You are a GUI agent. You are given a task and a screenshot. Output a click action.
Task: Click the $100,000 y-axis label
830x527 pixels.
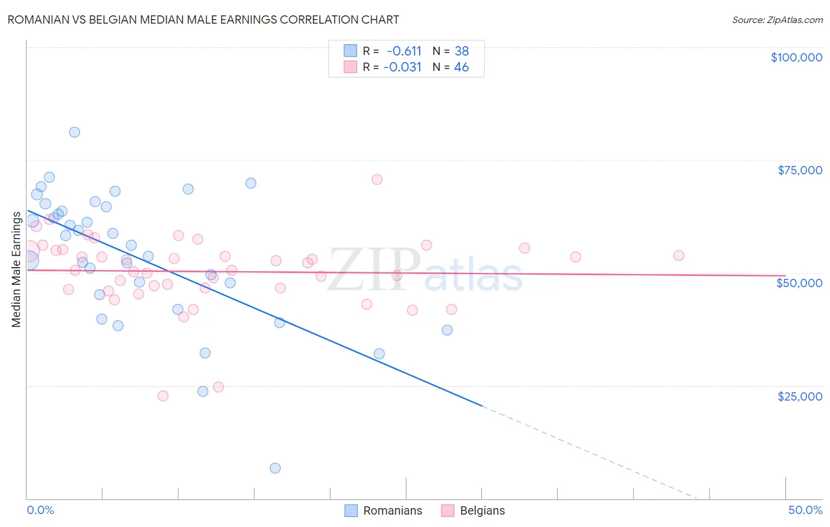click(x=796, y=57)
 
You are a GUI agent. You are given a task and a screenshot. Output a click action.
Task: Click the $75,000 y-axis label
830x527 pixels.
click(x=799, y=170)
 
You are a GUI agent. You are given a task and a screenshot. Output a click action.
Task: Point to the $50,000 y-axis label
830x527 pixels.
click(x=799, y=283)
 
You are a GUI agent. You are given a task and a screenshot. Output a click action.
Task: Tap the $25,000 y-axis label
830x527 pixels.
click(x=799, y=396)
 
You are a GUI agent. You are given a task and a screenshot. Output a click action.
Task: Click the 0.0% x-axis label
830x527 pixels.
click(x=40, y=510)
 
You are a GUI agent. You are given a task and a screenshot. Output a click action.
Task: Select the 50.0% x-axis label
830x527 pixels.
click(x=805, y=510)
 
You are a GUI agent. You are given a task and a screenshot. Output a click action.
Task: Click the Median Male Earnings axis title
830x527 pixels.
click(x=17, y=269)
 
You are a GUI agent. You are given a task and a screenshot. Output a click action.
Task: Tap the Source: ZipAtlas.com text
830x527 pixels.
click(x=777, y=20)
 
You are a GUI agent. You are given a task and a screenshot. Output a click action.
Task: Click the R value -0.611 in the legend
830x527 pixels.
click(x=404, y=51)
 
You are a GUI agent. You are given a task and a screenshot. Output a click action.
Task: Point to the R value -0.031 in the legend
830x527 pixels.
click(x=402, y=67)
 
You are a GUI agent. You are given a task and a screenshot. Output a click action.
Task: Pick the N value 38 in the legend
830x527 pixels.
click(x=462, y=51)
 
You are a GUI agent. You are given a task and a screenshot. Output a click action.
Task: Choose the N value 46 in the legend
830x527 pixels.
click(x=462, y=67)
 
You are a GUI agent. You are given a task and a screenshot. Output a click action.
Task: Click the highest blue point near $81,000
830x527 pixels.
click(x=74, y=132)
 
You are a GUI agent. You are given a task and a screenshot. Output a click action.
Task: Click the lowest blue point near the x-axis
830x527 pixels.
click(x=275, y=469)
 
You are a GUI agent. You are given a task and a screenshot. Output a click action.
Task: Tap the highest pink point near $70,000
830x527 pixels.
click(x=377, y=180)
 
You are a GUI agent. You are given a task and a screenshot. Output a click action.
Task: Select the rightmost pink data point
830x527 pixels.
click(x=679, y=256)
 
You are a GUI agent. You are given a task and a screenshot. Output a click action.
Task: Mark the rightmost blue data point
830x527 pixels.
click(x=447, y=330)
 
